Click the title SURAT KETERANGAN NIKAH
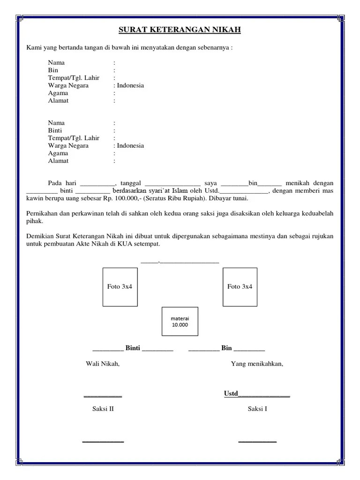(180, 30)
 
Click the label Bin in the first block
(53, 70)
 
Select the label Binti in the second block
(55, 130)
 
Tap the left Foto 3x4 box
(120, 287)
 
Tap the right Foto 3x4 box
(240, 287)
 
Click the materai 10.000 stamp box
(180, 322)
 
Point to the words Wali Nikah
(103, 364)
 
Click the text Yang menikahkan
(257, 364)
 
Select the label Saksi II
(103, 409)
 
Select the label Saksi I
(257, 409)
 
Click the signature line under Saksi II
(103, 442)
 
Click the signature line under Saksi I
(257, 442)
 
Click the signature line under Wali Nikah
(103, 397)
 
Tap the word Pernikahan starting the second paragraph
(44, 214)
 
